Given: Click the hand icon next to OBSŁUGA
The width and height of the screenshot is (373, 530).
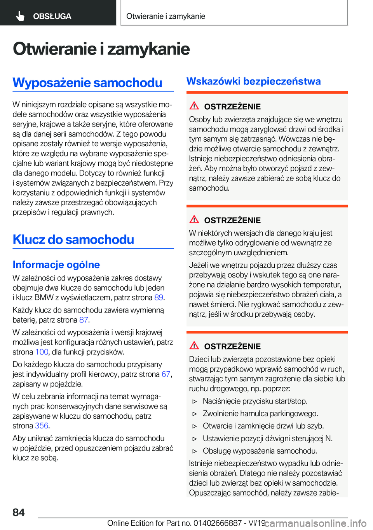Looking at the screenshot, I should click(20, 16).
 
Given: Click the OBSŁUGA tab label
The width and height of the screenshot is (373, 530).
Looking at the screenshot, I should click(52, 16).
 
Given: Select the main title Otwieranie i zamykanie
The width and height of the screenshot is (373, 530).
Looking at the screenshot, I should click(101, 49).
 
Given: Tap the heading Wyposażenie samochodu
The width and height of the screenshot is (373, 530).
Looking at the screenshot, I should click(87, 82).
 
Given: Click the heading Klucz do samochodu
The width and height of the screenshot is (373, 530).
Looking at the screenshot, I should click(73, 239).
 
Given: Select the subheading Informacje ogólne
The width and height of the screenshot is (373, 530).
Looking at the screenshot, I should click(56, 265).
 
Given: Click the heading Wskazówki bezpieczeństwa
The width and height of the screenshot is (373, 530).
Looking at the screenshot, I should click(253, 81).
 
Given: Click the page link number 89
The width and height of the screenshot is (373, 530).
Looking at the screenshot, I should click(159, 297).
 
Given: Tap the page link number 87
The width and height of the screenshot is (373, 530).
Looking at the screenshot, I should click(84, 320).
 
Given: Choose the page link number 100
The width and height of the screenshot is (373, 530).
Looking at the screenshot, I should click(42, 352).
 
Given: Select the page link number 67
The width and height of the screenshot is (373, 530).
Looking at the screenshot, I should click(166, 374).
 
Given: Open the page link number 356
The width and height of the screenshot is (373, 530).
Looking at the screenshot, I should click(42, 426).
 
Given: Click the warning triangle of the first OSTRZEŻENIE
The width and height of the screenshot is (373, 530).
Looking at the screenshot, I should click(194, 105).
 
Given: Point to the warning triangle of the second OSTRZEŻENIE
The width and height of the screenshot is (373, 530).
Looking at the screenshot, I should click(194, 219).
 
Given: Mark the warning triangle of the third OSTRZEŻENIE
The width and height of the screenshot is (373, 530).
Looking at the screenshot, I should click(194, 345).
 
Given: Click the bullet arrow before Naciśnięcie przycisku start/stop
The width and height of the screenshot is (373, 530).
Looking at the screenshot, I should click(195, 401).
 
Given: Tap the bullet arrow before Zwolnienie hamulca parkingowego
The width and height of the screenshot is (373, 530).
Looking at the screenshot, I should click(195, 414).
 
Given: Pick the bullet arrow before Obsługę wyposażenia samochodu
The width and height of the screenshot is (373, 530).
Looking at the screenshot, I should click(195, 451).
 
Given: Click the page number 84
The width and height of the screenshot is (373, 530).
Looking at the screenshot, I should click(19, 512).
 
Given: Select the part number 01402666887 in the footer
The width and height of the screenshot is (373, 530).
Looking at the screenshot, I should click(217, 523).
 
